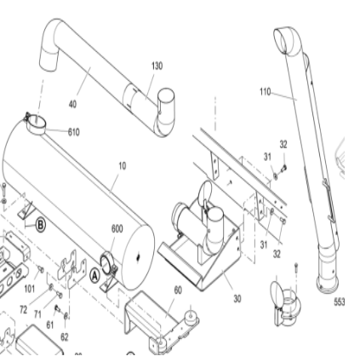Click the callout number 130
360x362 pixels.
click(x=157, y=66)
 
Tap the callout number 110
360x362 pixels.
click(x=264, y=89)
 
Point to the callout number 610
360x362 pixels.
click(x=74, y=132)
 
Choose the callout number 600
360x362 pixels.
click(x=117, y=228)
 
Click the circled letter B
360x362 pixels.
click(x=40, y=225)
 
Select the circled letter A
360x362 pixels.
click(x=96, y=275)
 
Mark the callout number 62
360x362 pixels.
click(x=64, y=337)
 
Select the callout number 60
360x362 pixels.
click(x=177, y=290)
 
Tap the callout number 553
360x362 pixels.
click(x=339, y=302)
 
